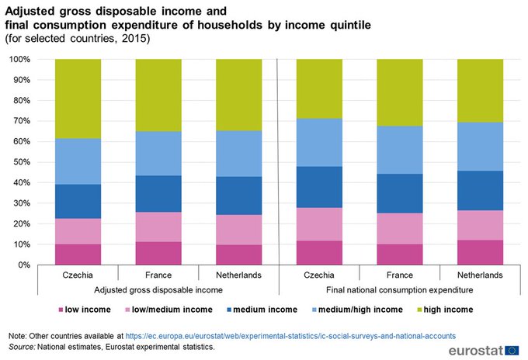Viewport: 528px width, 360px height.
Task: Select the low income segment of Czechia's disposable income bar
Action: [x=78, y=254]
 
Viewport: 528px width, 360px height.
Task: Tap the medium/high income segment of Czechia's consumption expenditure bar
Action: [x=319, y=143]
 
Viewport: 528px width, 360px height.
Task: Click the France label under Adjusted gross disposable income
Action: [x=158, y=275]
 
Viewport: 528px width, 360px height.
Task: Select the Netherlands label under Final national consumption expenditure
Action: [x=480, y=275]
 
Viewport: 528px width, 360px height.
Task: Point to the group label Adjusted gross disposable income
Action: [x=158, y=289]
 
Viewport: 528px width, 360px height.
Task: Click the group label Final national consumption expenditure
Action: [x=400, y=289]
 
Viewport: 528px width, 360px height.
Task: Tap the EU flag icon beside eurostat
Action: [x=512, y=349]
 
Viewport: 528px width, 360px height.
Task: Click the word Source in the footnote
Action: [x=21, y=345]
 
